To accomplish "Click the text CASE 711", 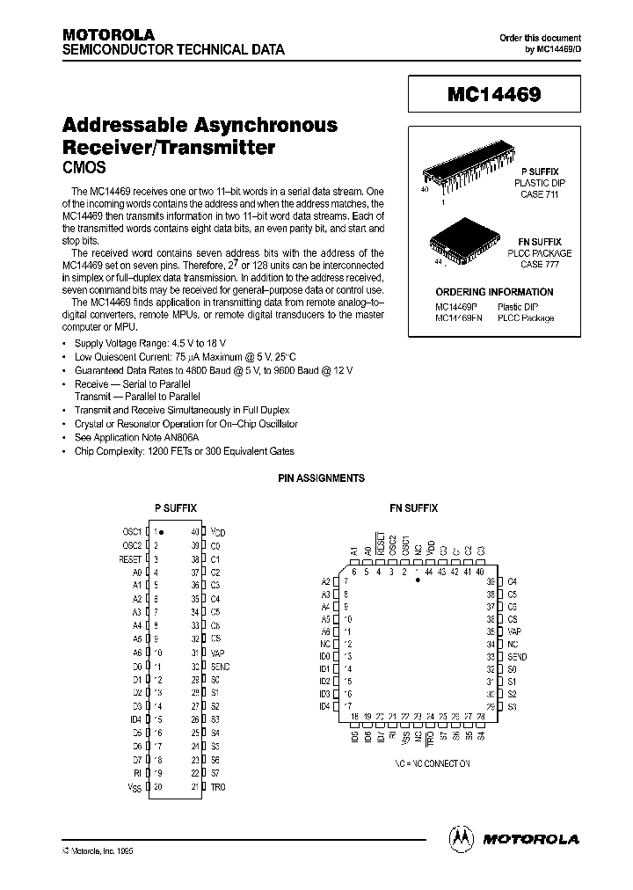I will tap(540, 194).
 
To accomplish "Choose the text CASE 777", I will tap(540, 264).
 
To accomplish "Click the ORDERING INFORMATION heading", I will tap(494, 292).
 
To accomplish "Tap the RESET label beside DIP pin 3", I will tap(130, 558).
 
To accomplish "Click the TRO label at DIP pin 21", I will tap(217, 786).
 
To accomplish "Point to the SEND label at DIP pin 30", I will tap(220, 667).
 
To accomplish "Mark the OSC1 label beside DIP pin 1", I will tap(132, 532).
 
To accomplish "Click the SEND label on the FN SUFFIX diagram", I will tap(517, 656).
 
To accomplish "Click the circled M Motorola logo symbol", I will tap(462, 838).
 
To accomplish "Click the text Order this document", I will tap(540, 38).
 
